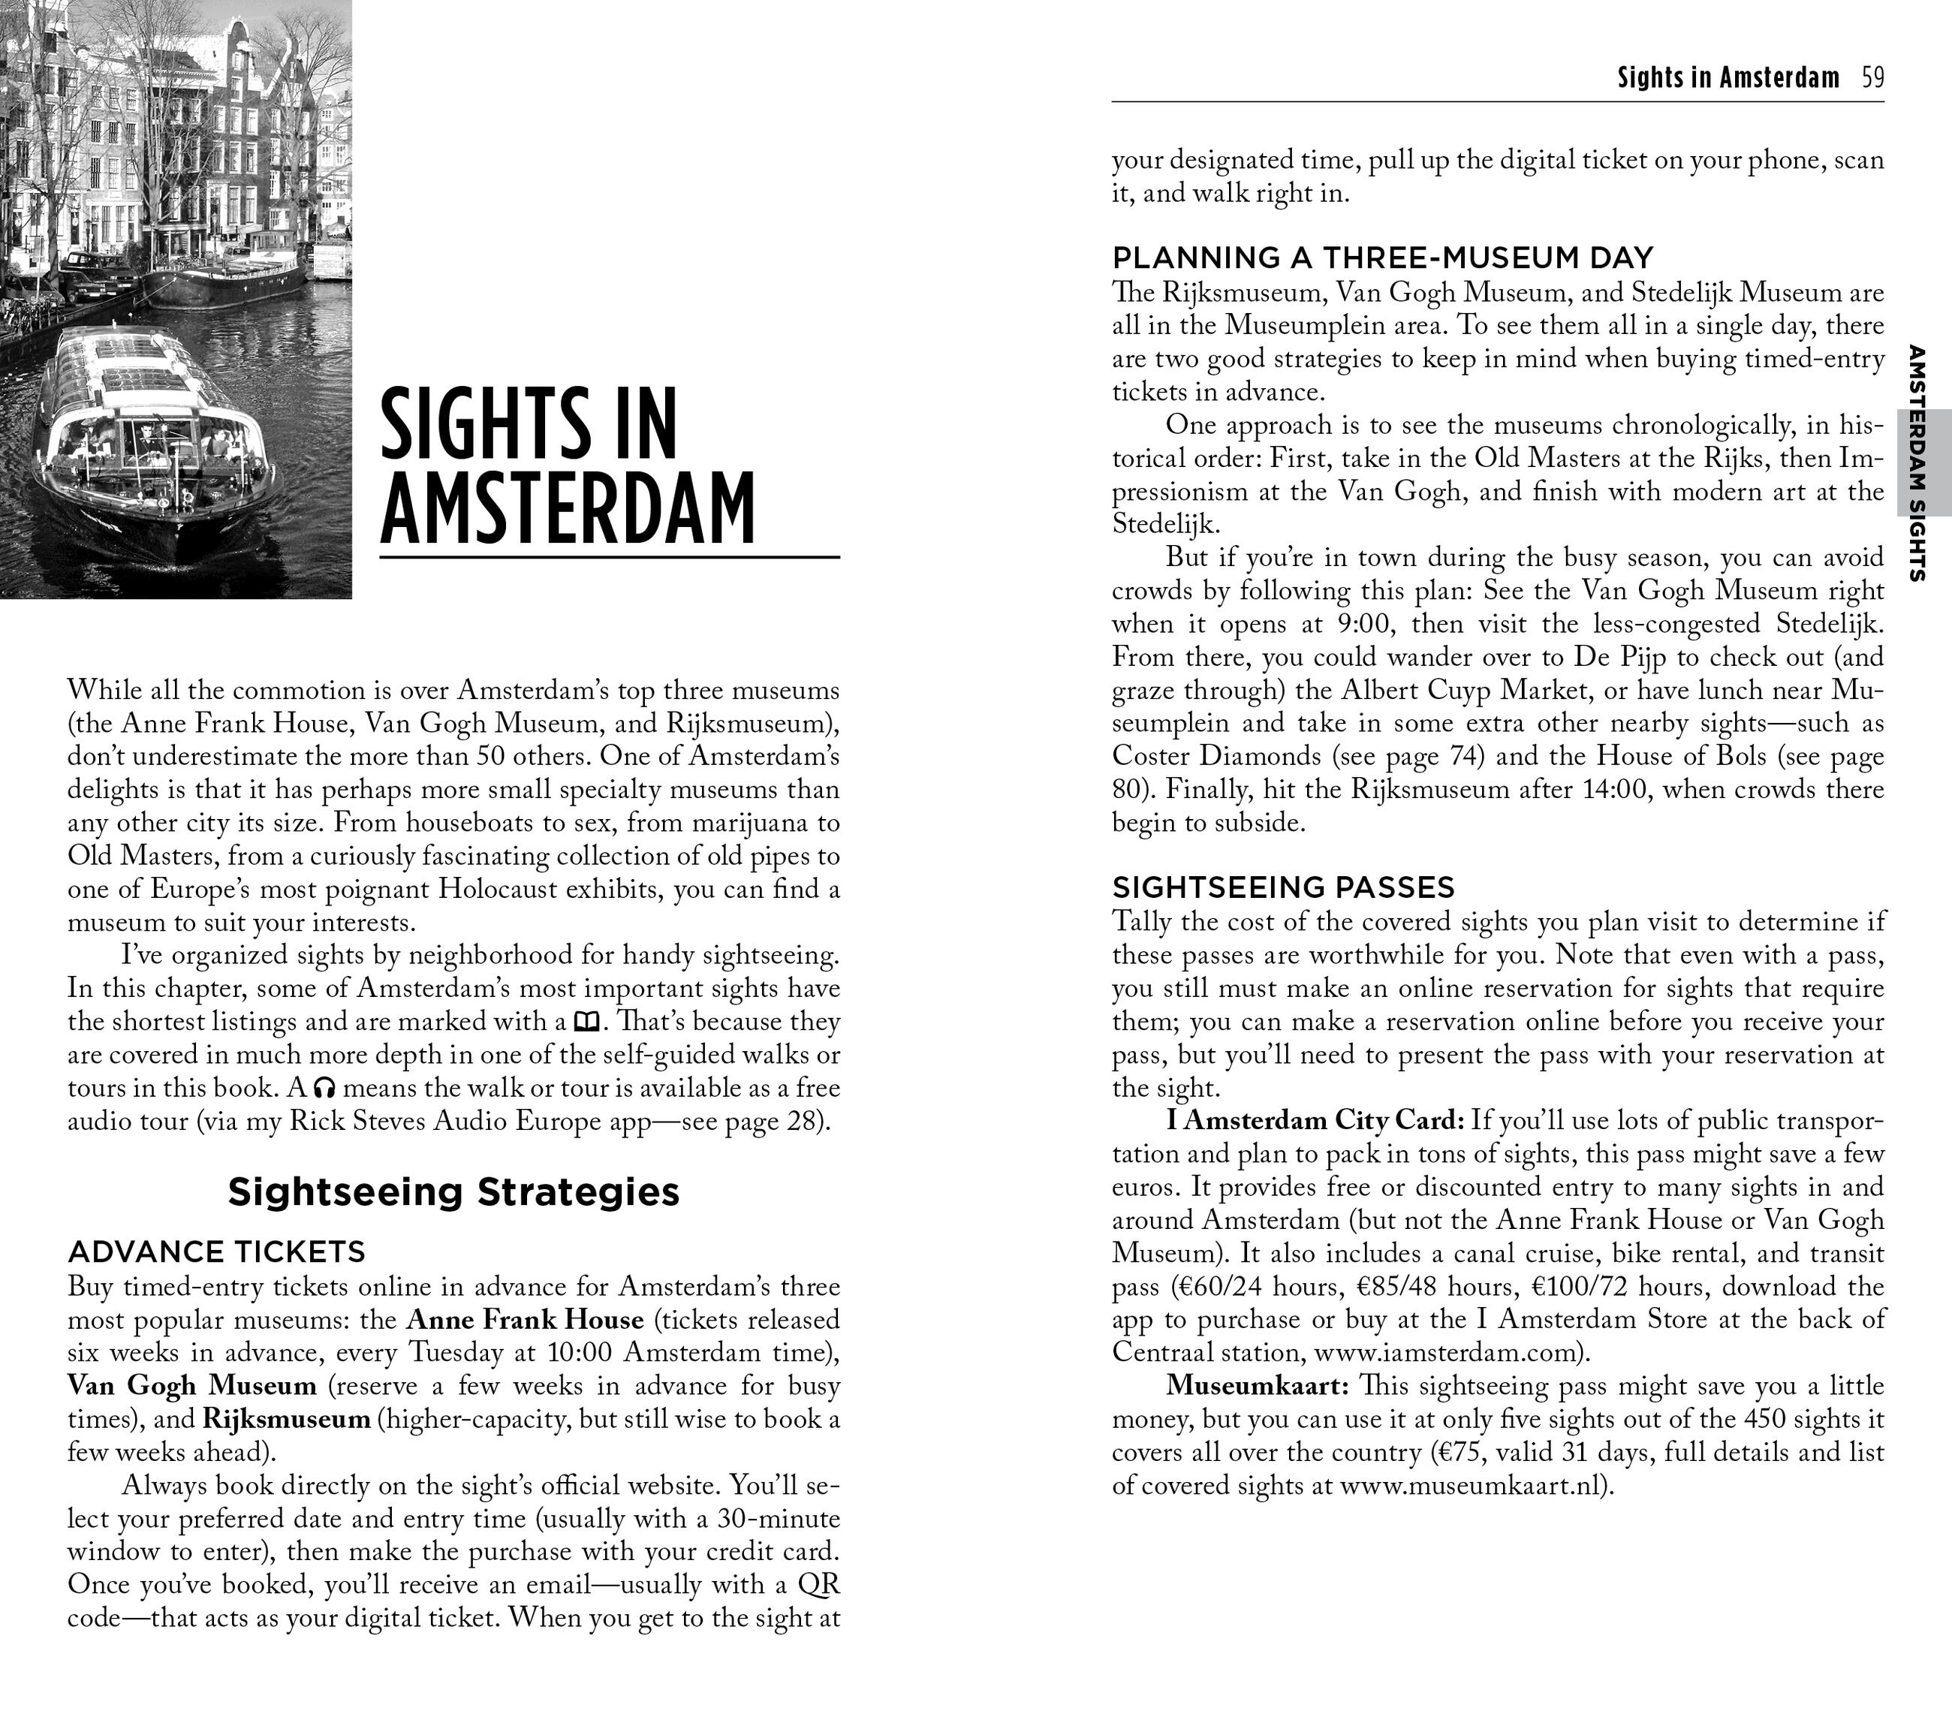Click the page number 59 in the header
pyautogui.click(x=1872, y=77)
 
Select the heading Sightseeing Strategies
pyautogui.click(x=453, y=1191)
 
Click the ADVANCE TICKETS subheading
pyautogui.click(x=217, y=1251)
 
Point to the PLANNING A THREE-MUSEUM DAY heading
pyautogui.click(x=1382, y=258)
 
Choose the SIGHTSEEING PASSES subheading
pyautogui.click(x=1282, y=888)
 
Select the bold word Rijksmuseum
pyautogui.click(x=287, y=1419)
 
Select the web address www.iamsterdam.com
pyautogui.click(x=1447, y=1353)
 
